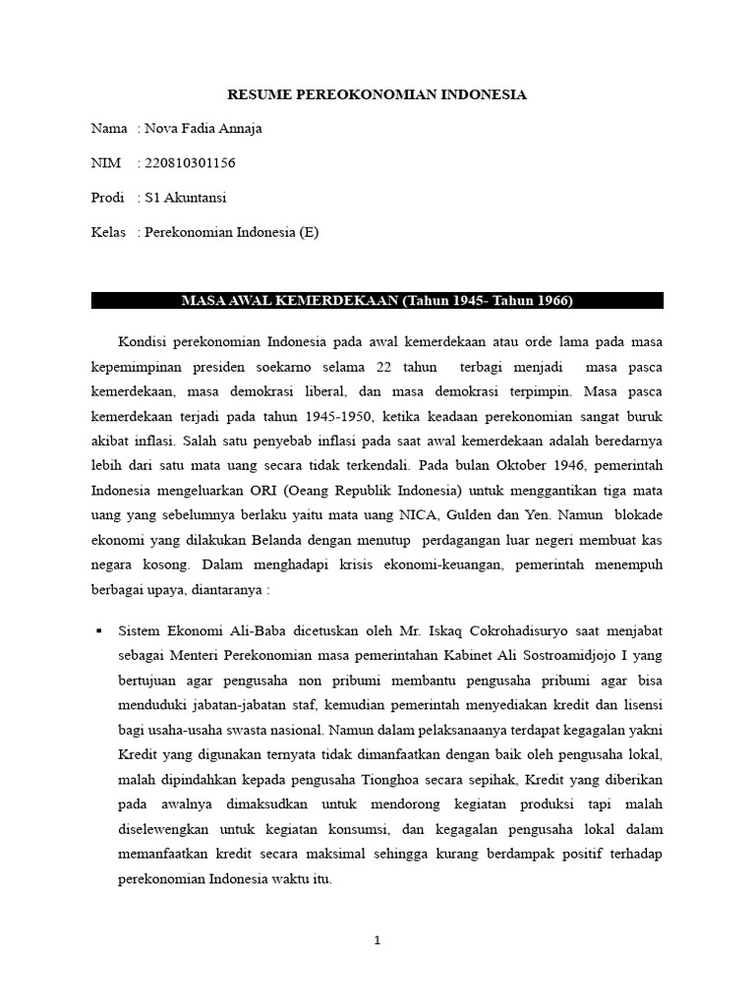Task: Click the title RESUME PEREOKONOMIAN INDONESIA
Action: (377, 94)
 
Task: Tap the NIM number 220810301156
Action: (190, 163)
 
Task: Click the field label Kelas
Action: (108, 232)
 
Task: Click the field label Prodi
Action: (107, 198)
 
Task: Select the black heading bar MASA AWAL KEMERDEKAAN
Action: (377, 300)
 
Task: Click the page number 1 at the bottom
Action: (377, 940)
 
